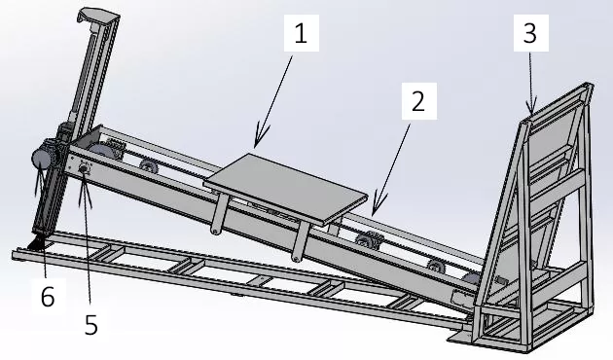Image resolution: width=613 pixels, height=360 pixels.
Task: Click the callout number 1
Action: pos(301,35)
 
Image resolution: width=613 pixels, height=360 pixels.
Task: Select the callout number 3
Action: pos(529,35)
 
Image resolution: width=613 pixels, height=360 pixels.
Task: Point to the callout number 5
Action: pos(91,324)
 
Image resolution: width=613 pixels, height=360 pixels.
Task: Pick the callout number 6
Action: pos(47,297)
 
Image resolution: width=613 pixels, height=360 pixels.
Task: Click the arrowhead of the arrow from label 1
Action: pos(256,144)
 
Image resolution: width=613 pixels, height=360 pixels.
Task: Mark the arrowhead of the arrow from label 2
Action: pos(373,210)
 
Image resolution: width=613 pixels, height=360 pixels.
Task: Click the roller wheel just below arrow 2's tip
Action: pos(367,241)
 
